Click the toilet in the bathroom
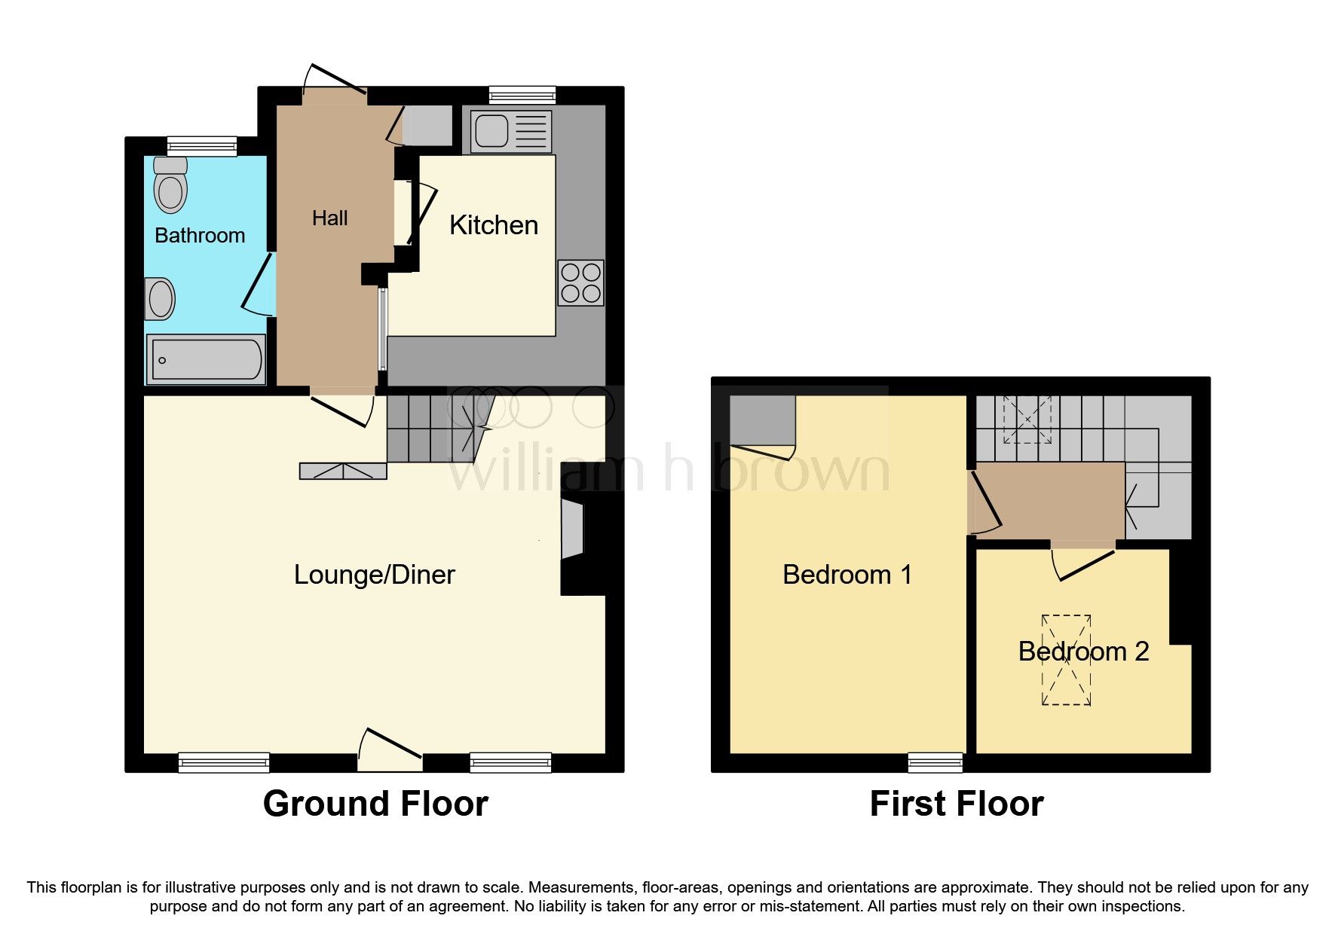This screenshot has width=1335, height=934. pos(170,185)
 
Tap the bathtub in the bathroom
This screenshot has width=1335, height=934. pos(206,359)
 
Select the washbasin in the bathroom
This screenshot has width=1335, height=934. pos(160,299)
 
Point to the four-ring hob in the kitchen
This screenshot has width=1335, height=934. pos(581,282)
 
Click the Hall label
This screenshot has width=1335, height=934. pos(329,218)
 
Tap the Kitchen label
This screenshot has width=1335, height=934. pos(494,225)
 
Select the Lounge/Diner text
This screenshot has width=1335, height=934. pos(375,575)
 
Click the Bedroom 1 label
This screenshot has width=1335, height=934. pos(847,575)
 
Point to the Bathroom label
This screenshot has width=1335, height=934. pos(200,236)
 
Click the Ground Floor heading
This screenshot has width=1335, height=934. pos(375,804)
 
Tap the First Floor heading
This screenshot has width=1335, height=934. pos(957,804)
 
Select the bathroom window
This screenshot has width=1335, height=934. pos(202,146)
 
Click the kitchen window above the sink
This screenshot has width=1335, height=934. pos(522,95)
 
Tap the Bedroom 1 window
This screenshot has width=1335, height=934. pos(935,762)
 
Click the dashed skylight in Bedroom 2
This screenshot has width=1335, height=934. pos(1066,660)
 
